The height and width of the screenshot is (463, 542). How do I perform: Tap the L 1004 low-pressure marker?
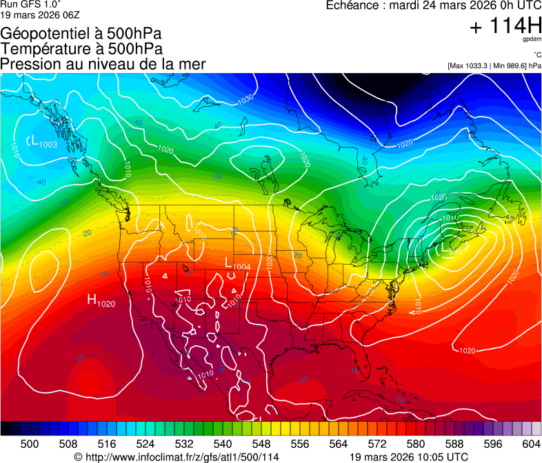pos(237,264)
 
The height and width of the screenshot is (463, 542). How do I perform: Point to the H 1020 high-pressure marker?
pos(101,300)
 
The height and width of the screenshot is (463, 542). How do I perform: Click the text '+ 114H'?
pos(505,26)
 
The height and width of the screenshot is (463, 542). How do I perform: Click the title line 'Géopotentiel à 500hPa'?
pos(81,34)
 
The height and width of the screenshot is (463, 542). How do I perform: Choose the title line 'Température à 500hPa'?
pos(81,49)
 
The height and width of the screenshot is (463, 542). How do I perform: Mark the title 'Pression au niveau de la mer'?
pos(103,64)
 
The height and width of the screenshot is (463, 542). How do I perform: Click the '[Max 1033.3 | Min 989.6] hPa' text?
pos(494,65)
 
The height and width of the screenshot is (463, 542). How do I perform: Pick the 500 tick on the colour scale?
pos(30,443)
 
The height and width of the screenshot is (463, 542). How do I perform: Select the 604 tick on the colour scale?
pos(532,443)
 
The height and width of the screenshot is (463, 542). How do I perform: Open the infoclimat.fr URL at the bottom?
pos(177,457)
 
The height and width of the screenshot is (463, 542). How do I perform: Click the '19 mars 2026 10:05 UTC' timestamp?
pos(409,457)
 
